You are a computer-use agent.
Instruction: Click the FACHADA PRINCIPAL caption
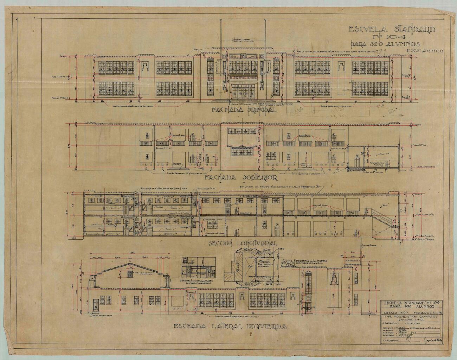coord(244,110)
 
